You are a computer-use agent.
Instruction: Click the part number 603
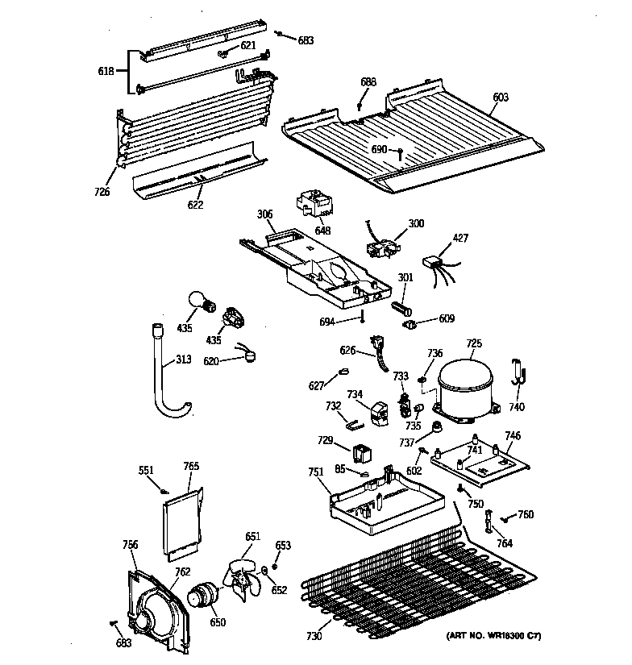[x=501, y=98]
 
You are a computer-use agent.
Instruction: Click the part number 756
[x=130, y=546]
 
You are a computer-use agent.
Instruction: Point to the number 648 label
[x=322, y=231]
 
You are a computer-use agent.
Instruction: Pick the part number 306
[x=265, y=214]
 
